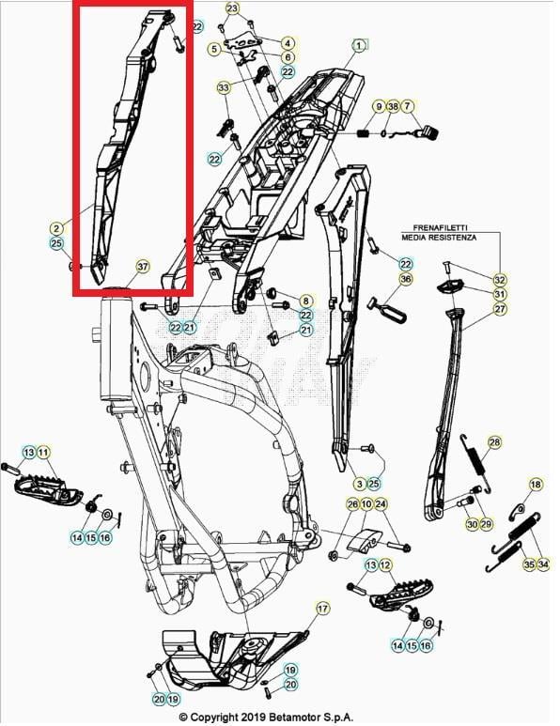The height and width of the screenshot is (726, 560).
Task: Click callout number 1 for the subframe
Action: pos(359,44)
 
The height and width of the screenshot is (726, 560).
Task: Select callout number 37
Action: pos(142,266)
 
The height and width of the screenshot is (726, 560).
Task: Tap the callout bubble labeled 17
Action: pos(322,609)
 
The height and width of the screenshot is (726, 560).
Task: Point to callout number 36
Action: pos(406,279)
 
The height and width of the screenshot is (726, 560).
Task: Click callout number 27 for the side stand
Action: pos(500,309)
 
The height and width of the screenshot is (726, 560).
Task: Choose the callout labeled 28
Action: pos(494,441)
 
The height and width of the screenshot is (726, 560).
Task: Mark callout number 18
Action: pos(536,485)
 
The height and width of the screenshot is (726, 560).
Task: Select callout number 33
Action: pos(223,88)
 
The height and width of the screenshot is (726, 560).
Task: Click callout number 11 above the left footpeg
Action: pos(43,453)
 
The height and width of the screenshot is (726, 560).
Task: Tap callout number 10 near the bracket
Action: pos(367,504)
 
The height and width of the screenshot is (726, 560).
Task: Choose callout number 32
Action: pos(500,280)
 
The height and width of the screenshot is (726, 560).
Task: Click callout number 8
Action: pos(306,301)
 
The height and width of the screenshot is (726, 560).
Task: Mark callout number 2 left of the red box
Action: pos(56,227)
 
